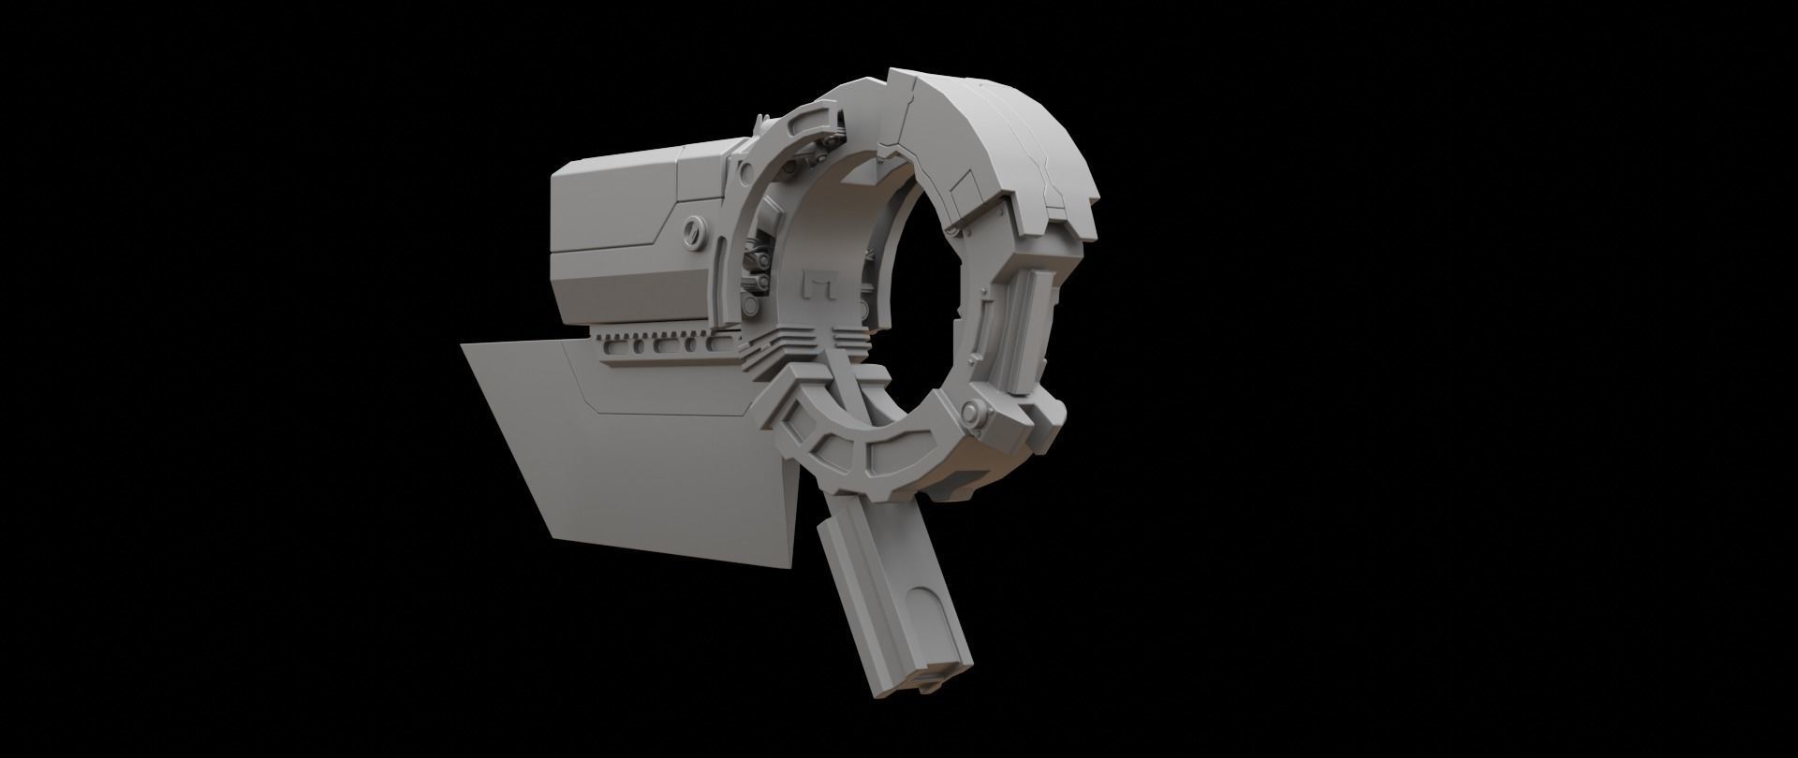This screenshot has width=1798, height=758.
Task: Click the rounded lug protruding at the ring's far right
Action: pyautogui.click(x=1057, y=412)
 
